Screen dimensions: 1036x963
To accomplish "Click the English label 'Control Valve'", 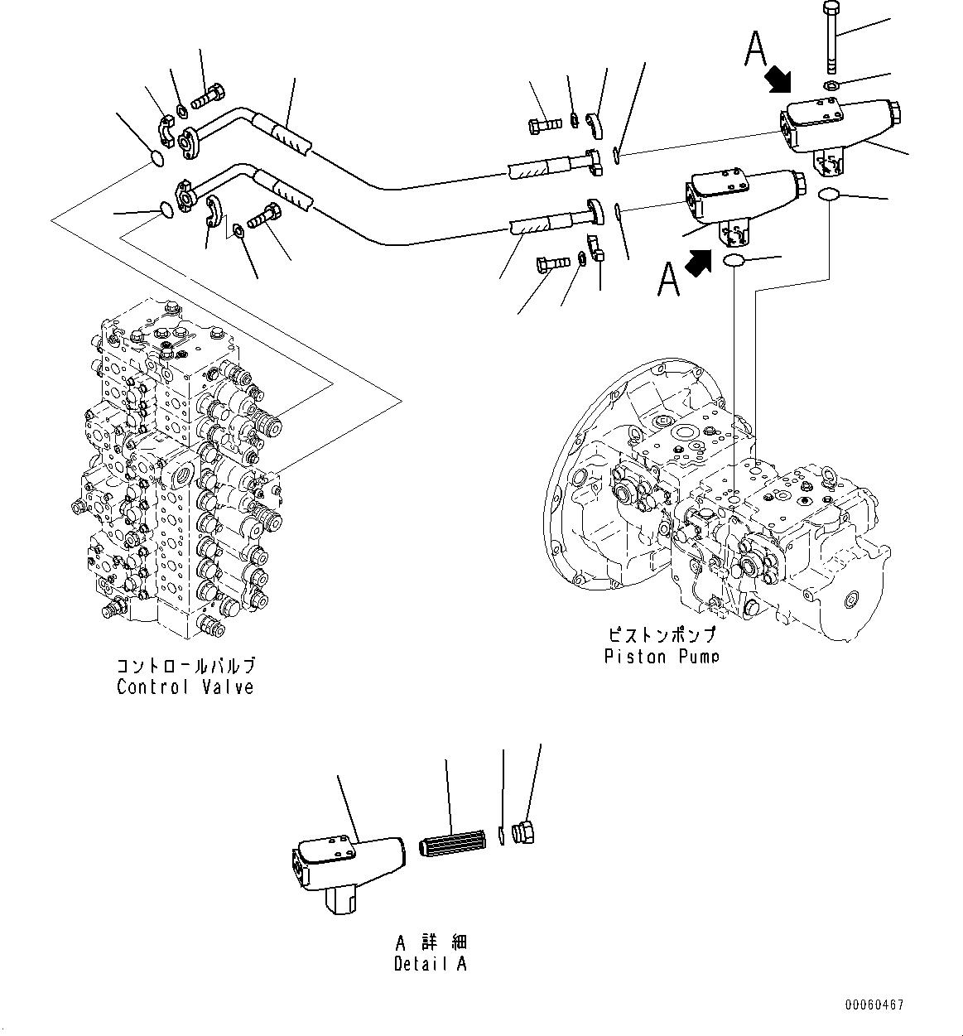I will coord(185,687).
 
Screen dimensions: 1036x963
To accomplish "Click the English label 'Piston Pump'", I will coord(660,657).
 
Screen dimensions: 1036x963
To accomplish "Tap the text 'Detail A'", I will coord(430,964).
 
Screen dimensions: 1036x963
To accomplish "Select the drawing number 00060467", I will coord(874,1005).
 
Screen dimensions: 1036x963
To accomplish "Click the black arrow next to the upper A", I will coord(778,80).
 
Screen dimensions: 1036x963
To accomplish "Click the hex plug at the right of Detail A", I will coord(523,832).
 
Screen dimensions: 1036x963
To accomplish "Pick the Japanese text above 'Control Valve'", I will coord(185,665).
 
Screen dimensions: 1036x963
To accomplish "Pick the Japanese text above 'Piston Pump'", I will coord(660,635).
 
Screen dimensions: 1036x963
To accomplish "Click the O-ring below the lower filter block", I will coord(734,262).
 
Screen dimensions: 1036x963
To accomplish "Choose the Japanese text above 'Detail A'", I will coord(430,942).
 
